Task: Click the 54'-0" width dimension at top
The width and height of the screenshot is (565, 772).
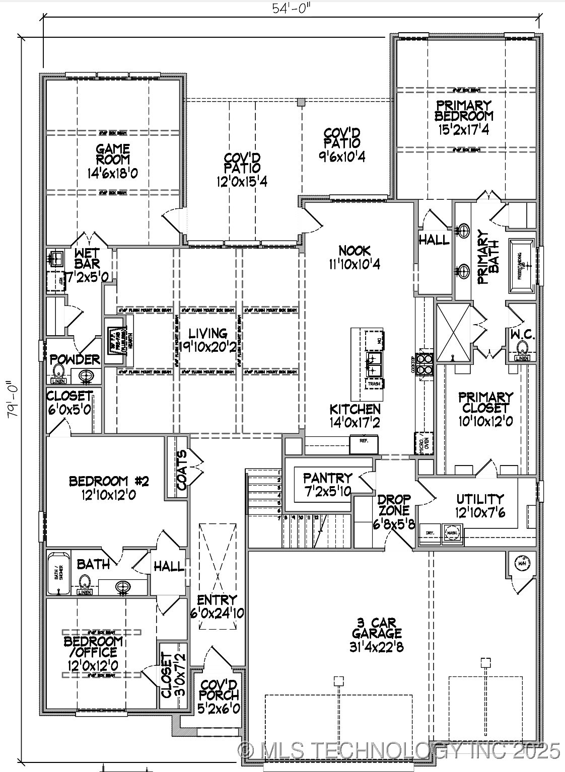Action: pyautogui.click(x=291, y=9)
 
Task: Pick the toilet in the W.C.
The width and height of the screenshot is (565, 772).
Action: pyautogui.click(x=522, y=348)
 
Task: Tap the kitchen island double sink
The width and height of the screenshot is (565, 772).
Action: pyautogui.click(x=374, y=364)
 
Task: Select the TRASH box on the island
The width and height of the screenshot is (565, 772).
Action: pyautogui.click(x=374, y=384)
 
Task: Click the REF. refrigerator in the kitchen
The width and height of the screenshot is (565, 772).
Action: pyautogui.click(x=364, y=441)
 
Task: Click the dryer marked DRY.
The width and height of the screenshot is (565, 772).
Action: pyautogui.click(x=430, y=533)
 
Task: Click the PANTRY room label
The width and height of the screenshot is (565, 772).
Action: pyautogui.click(x=327, y=478)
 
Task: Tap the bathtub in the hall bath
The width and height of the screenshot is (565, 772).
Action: pyautogui.click(x=58, y=573)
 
